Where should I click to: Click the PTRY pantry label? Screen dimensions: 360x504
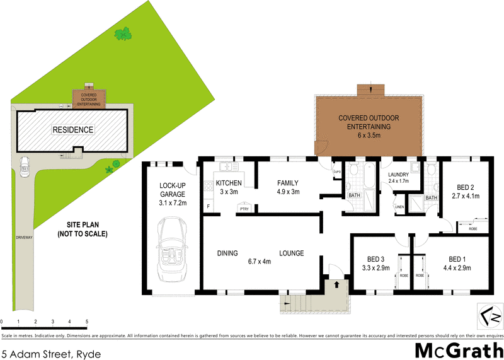[x=243, y=207]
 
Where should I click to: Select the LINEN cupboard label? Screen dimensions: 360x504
[x=399, y=207]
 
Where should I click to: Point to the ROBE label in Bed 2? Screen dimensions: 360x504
[x=472, y=229]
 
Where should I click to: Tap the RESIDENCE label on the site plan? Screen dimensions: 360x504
[x=72, y=130]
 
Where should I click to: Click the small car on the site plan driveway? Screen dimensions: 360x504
[x=24, y=165]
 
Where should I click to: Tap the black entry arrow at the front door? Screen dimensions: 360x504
[x=336, y=285]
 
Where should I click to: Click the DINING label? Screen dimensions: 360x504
[x=227, y=253]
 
